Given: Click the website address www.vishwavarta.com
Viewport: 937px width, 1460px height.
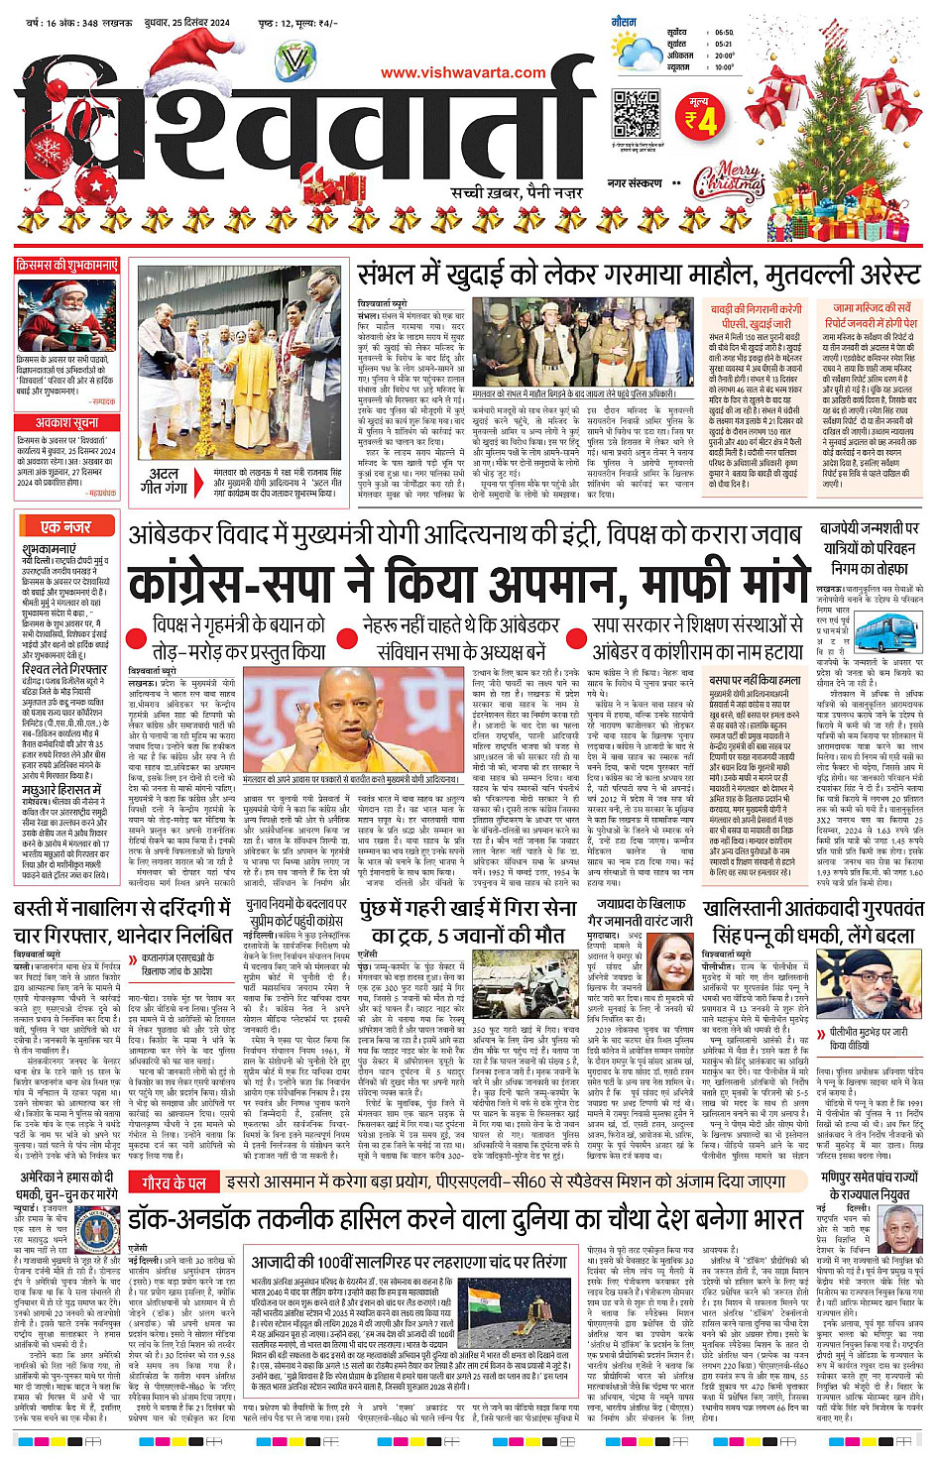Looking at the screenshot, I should coord(463,72).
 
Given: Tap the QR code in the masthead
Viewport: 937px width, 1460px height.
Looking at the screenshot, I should coord(637,115).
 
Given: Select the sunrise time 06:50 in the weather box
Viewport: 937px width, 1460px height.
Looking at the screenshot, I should coord(725,33).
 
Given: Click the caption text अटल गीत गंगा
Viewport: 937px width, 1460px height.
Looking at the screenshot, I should coord(165,481).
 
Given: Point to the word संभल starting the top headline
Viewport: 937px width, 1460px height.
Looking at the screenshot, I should coord(387,275).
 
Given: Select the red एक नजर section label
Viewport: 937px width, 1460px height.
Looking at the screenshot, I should coord(65,527).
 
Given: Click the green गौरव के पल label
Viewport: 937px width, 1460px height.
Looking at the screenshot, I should coord(174,1182).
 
